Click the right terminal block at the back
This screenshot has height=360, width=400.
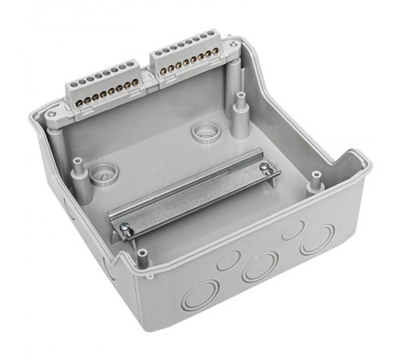(189, 58)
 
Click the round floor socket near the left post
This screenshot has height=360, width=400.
(102, 170)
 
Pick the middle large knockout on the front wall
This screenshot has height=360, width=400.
(260, 265)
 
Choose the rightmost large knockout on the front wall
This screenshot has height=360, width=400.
(317, 238)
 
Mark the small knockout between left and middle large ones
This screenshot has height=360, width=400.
(230, 258)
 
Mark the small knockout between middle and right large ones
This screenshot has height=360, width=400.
(292, 230)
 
